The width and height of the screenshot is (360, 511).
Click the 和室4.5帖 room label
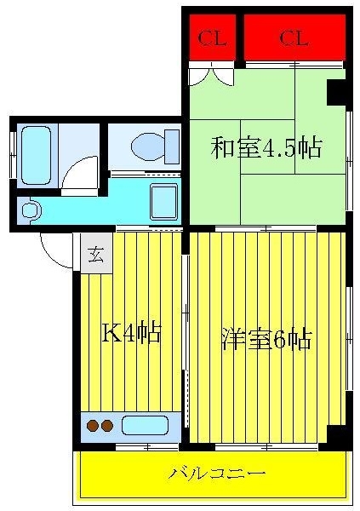tap(266, 147)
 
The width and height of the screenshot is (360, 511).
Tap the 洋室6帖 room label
tap(266, 339)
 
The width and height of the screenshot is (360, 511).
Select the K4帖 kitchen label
tap(131, 333)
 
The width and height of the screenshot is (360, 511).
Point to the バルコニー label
tap(217, 474)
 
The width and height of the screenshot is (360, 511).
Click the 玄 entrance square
tap(97, 253)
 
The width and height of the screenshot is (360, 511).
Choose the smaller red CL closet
tap(212, 37)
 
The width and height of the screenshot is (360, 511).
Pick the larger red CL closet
tap(294, 37)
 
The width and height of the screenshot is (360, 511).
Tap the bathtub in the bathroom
tap(36, 156)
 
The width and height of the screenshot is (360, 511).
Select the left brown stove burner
tap(93, 426)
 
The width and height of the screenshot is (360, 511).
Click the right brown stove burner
tap(107, 426)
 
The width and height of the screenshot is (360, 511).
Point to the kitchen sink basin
tap(145, 425)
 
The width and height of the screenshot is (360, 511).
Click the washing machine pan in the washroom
tap(164, 202)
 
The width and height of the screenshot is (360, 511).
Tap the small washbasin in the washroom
tap(31, 210)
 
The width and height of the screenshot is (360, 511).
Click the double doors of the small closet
tap(212, 76)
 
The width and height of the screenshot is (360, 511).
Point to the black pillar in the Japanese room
tap(336, 92)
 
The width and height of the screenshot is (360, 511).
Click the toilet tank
tap(172, 146)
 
